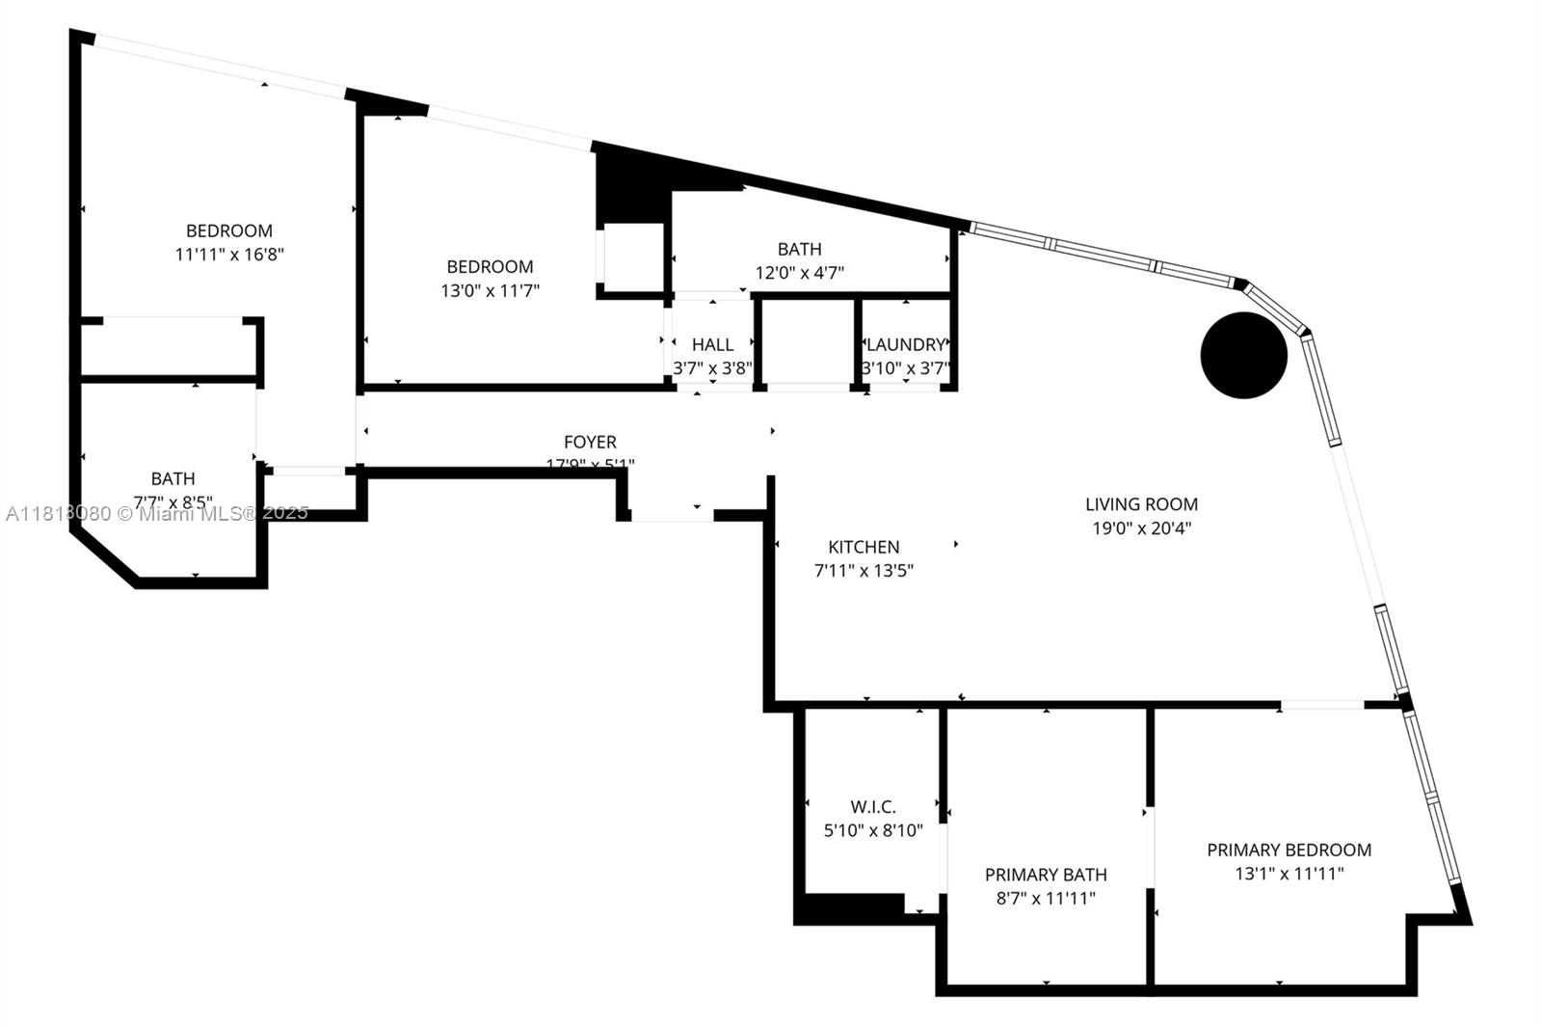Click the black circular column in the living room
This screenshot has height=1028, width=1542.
click(1243, 355)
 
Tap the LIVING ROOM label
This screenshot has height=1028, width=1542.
click(1141, 503)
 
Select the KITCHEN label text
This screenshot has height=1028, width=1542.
click(864, 547)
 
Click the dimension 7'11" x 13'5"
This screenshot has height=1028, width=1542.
click(864, 570)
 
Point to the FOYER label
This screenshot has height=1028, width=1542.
click(590, 442)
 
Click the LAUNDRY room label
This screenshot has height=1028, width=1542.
click(905, 344)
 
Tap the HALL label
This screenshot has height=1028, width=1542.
click(712, 344)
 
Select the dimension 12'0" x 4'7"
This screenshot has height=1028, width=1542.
click(799, 273)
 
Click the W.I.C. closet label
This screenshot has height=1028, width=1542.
click(873, 806)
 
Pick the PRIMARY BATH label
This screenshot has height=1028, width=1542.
click(1046, 875)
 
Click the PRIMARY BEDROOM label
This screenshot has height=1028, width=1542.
click(1289, 850)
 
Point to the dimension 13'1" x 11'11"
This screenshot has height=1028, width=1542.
click(1289, 874)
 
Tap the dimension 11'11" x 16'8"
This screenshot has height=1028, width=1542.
click(229, 255)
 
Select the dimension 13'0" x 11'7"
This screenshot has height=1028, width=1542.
click(490, 290)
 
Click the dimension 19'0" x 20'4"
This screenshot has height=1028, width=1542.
click(1141, 528)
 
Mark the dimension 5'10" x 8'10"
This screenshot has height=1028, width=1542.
click(873, 830)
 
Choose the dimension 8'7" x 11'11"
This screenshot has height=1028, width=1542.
click(1046, 899)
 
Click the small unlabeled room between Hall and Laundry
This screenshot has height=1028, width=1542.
click(807, 342)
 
